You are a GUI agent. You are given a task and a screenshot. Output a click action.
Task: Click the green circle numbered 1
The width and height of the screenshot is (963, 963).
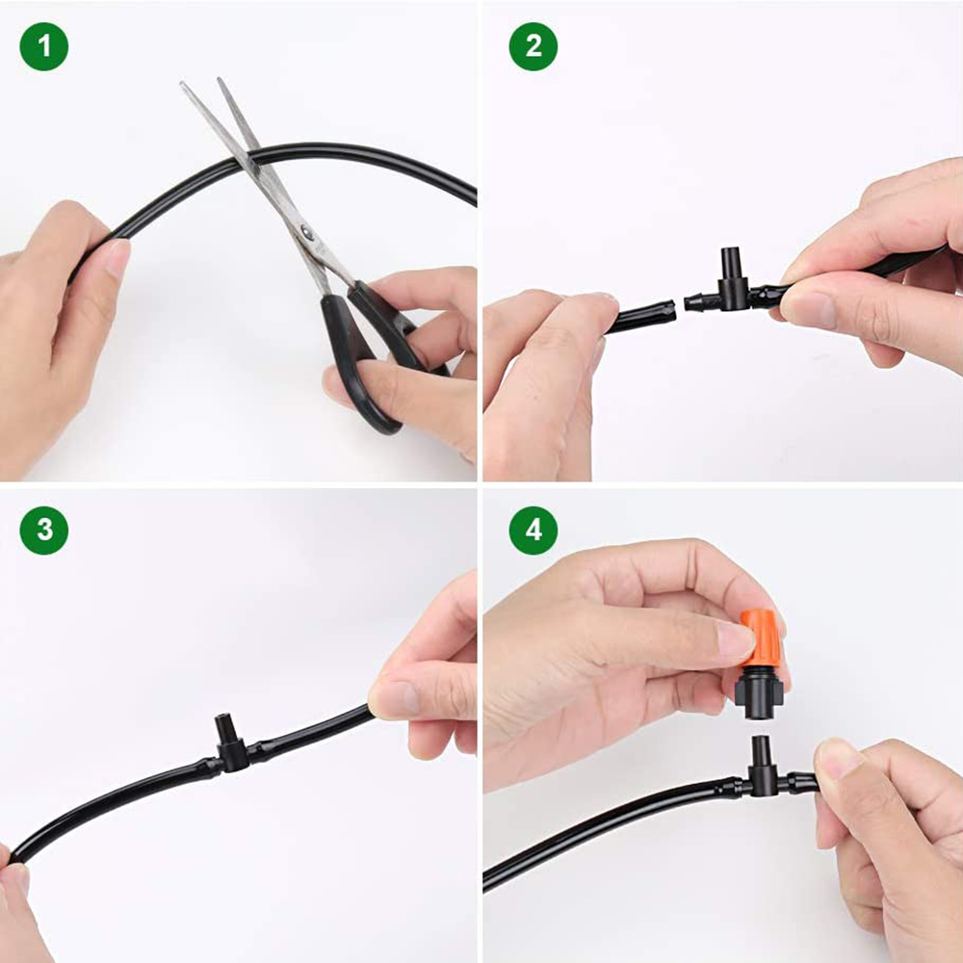[x=43, y=46]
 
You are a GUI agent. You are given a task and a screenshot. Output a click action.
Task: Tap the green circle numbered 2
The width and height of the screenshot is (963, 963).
[x=533, y=46]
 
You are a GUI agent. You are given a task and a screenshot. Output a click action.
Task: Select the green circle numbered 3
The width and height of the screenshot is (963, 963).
[x=43, y=531]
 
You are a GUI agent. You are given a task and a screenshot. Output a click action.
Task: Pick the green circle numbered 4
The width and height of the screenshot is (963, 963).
[x=533, y=531]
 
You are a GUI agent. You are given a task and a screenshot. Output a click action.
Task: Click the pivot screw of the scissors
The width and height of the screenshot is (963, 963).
[x=306, y=231]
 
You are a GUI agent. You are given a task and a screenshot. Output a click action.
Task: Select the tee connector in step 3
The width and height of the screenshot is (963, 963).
[x=230, y=747]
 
